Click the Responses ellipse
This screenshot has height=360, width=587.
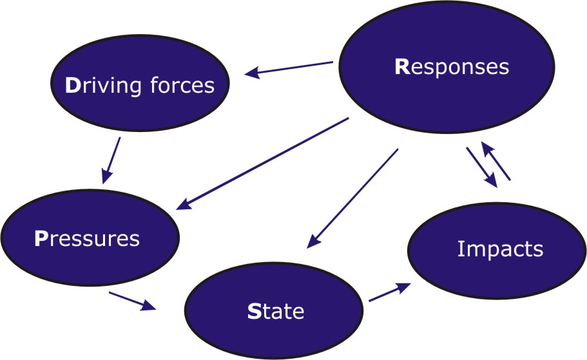point(451,68)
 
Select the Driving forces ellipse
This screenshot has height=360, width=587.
point(140,86)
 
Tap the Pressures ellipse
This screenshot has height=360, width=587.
point(90,238)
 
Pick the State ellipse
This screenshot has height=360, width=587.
point(274,312)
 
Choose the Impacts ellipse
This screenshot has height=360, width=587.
point(496,249)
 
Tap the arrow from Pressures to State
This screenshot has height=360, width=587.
point(133,301)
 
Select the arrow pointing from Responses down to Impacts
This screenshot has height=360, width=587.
point(482,168)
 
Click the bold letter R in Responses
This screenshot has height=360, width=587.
point(402,68)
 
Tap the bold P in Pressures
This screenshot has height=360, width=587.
point(40,239)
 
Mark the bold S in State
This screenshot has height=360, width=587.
point(253,312)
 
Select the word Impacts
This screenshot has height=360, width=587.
point(500,249)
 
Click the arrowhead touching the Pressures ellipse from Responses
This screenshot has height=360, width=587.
point(183,206)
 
